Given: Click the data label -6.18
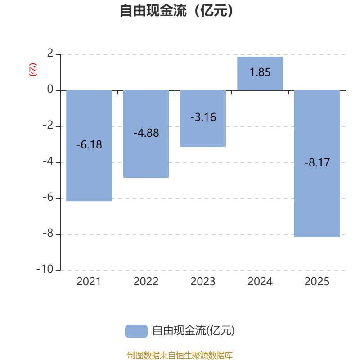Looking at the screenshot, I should coord(89,145).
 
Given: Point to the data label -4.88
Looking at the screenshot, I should coord(146,133).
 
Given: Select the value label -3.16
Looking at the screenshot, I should coord(203,117).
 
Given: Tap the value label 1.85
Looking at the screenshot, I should coord(260,72).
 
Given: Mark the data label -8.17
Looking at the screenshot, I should coord(317,163).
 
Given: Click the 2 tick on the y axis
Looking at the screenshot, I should coord(50,54).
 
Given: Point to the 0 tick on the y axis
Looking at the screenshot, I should coord(50,90).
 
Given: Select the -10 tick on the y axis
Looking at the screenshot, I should coord(45,270).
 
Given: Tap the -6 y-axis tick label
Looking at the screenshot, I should coord(47,198).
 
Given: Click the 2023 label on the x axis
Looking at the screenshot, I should coord(203,282).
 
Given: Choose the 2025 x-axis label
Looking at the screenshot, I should coord(317,282).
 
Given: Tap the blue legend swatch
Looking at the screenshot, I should coord(136,331).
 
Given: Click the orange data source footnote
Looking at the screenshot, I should coord(180,355).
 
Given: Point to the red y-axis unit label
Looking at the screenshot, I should coord(32,70).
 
